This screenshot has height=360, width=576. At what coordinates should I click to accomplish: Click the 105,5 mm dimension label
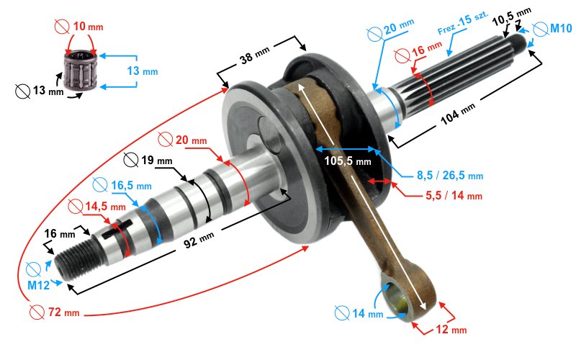(x=347, y=161)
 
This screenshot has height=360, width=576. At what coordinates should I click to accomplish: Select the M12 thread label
(x=38, y=284)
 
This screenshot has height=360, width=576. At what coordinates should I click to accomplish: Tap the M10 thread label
(x=561, y=28)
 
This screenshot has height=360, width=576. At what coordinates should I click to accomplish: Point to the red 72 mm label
(x=63, y=312)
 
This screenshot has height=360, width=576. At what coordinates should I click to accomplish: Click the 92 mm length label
(x=199, y=240)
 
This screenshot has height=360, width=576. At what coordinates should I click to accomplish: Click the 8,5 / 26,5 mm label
(x=449, y=175)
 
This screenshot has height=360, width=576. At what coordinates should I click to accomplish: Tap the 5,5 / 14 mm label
(x=454, y=195)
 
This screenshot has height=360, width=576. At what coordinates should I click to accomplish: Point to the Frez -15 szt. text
(x=463, y=23)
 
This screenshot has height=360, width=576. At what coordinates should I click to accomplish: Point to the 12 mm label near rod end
(x=451, y=329)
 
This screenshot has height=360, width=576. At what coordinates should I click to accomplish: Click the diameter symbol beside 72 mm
(x=37, y=312)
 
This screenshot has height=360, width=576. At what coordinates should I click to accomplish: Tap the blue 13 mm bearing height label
(x=143, y=71)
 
